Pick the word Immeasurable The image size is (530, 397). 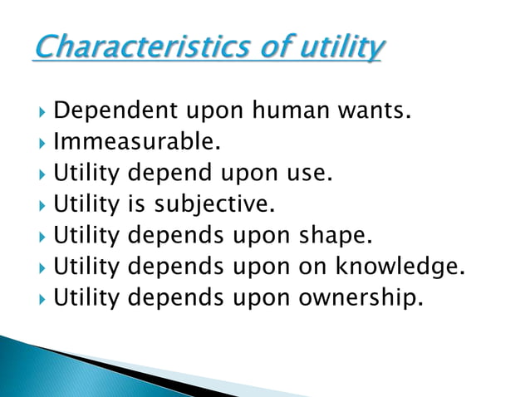[137, 143]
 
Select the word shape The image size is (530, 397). [331, 236]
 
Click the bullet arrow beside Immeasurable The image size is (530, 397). [42, 143]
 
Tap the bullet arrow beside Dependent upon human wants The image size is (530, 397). [42, 111]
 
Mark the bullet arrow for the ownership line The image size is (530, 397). [42, 297]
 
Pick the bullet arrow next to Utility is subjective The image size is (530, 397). [42, 204]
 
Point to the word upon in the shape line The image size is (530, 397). [256, 236]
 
